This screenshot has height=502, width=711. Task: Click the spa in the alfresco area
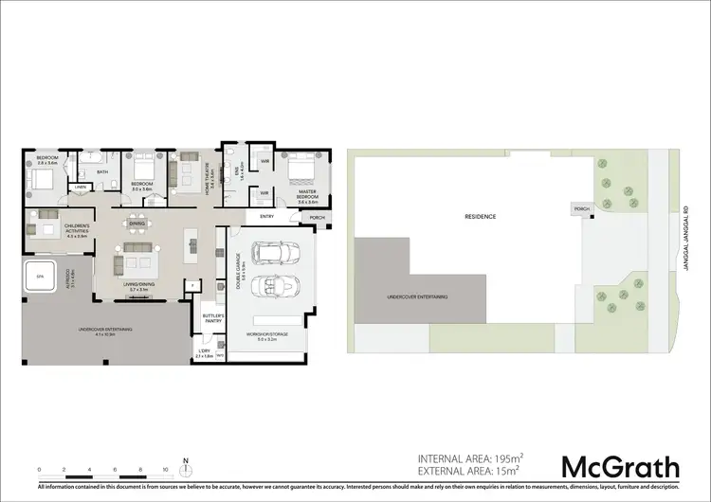click(x=40, y=278)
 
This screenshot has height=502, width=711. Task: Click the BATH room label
click(x=101, y=171)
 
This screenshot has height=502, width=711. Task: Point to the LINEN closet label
click(x=82, y=187)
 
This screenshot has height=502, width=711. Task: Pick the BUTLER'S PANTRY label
click(x=213, y=318)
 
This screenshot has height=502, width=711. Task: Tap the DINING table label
click(x=137, y=224)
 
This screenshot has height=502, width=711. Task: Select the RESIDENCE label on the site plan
click(x=480, y=216)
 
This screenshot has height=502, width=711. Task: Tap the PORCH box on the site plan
click(x=579, y=208)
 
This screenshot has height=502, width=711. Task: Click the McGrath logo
click(x=621, y=466)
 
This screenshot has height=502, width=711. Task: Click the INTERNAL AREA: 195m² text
click(x=470, y=458)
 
